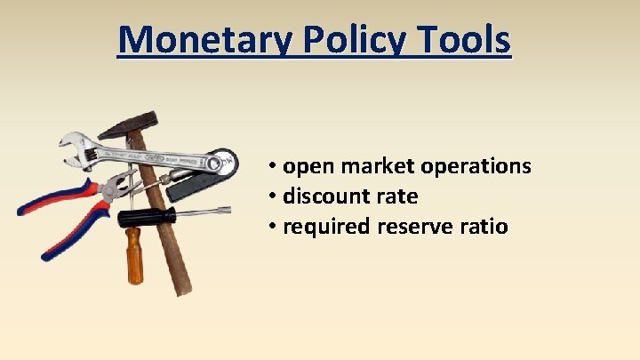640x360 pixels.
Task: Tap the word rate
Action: (396, 196)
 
